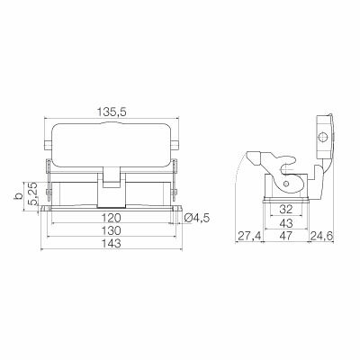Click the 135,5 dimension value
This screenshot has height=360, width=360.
(112, 112)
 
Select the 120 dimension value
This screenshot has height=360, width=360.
(112, 218)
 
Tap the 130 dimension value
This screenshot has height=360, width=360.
(112, 230)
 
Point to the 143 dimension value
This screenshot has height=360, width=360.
(112, 243)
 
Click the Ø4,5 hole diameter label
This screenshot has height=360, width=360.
(197, 218)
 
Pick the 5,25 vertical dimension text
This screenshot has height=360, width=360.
(32, 193)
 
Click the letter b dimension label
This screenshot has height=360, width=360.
(19, 196)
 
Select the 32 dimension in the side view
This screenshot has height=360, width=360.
(285, 210)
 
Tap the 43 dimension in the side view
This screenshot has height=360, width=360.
(285, 223)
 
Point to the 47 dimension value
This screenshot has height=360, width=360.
(285, 236)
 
